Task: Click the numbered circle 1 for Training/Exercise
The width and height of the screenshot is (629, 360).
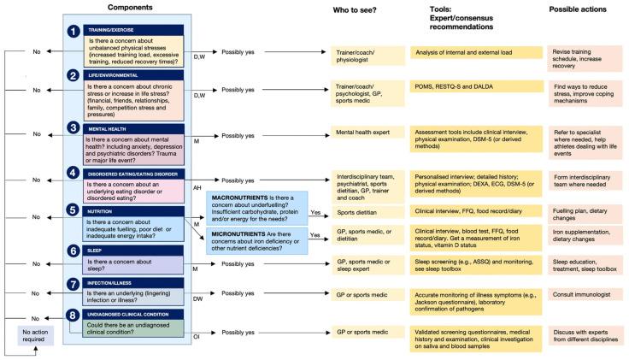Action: pyautogui.click(x=74, y=31)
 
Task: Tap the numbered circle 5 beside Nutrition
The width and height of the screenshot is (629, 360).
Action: pyautogui.click(x=74, y=210)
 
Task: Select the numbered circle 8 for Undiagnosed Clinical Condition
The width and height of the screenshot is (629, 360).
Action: pyautogui.click(x=74, y=315)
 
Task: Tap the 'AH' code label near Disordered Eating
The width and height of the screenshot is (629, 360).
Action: pyautogui.click(x=198, y=188)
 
